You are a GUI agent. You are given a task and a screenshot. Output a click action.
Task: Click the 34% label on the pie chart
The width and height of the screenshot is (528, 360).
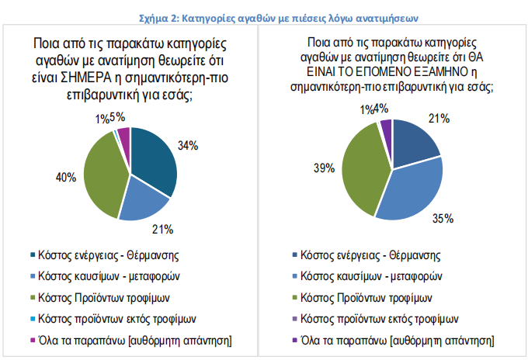189,145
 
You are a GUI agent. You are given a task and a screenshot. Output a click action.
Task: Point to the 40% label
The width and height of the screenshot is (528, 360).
65,177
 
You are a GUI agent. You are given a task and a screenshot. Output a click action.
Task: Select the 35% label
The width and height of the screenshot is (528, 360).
443,219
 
